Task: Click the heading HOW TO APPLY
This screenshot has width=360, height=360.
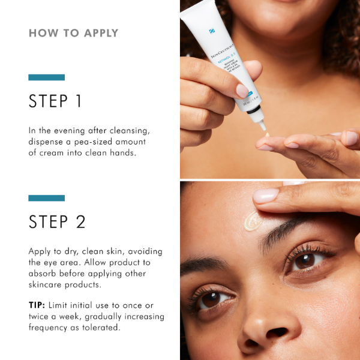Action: click(x=73, y=33)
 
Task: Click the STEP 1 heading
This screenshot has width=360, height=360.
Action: click(x=56, y=101)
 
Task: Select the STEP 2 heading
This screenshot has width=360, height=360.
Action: click(x=57, y=221)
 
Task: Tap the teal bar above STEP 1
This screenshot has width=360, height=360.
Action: click(x=46, y=77)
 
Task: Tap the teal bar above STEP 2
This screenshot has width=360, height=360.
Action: click(x=46, y=198)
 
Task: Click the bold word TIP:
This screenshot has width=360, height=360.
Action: click(x=39, y=304)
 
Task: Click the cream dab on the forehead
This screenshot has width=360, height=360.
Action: click(x=251, y=221)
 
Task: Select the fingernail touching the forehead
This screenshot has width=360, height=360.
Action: click(x=266, y=195)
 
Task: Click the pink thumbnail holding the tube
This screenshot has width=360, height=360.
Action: click(x=242, y=91)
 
